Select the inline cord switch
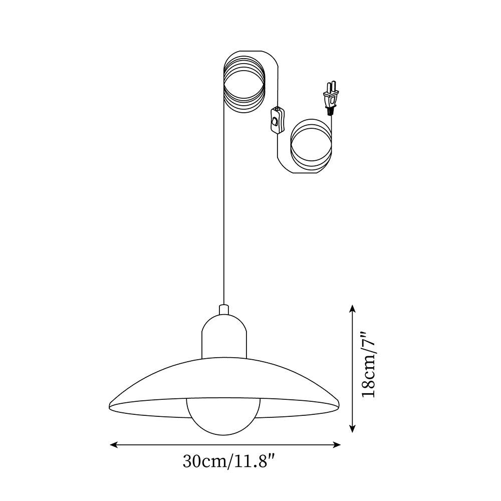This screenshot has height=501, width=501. tap(276, 120)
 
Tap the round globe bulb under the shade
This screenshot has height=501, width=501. tap(224, 416)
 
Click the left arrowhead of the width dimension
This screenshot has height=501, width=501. tap(113, 444)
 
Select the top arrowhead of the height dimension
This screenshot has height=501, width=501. tap(353, 308)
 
